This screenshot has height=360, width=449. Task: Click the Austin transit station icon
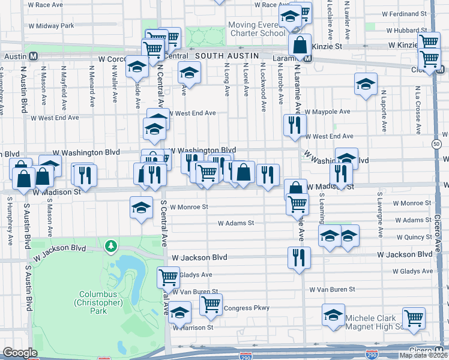coord(34,56)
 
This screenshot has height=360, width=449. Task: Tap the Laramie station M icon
coord(307,59)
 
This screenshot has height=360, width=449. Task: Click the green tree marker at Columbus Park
coord(110,245)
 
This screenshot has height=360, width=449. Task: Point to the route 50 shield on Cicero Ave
coord(436,143)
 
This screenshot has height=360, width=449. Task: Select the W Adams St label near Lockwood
coord(236,223)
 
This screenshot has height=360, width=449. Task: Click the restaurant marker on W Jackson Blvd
coord(299,258)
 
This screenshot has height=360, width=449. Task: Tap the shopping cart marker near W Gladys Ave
coord(168,277)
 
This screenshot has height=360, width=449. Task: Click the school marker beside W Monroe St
coord(141,208)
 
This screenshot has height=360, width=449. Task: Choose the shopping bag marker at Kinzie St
coord(299,44)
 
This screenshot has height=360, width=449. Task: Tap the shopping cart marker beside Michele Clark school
coord(414,319)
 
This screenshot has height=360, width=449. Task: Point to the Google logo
coord(19,353)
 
